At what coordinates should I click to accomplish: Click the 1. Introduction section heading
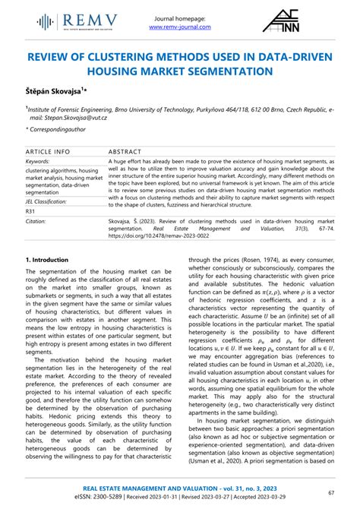point(49,259)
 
